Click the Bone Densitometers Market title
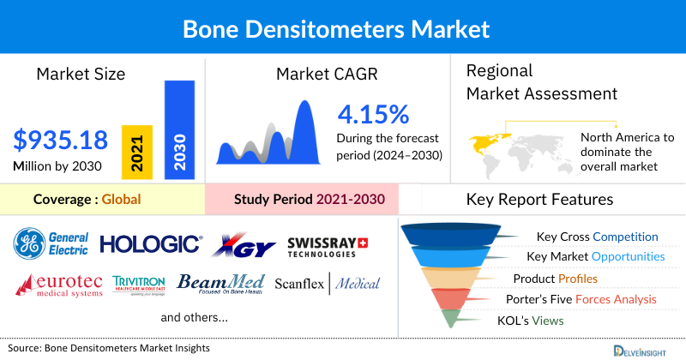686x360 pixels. coord(342,28)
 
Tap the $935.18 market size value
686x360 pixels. coord(63,140)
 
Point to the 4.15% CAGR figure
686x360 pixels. coord(373,114)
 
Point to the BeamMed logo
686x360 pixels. coord(221,284)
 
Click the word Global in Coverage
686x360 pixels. coord(121,200)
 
